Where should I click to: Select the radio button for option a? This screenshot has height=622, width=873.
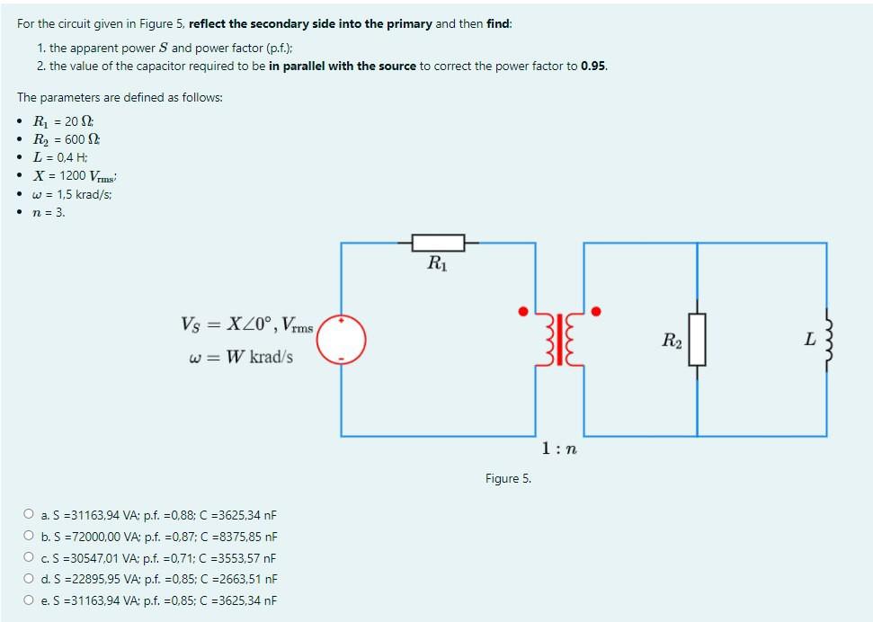point(29,515)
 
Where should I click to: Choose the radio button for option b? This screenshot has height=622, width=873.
point(29,537)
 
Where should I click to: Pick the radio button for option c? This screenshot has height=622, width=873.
point(29,558)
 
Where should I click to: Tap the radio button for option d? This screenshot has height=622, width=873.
point(29,579)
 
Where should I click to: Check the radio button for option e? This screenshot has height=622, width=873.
point(29,600)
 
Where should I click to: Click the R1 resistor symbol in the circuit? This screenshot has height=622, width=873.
point(438,243)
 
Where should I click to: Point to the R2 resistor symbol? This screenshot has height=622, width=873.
point(697,340)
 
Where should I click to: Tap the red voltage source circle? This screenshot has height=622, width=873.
point(342,339)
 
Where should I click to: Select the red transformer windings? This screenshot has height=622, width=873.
point(561,339)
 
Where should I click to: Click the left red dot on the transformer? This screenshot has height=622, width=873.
point(522,312)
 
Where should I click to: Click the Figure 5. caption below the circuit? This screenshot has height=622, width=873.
point(508,478)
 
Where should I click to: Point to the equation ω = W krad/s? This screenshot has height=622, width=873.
point(241,357)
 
